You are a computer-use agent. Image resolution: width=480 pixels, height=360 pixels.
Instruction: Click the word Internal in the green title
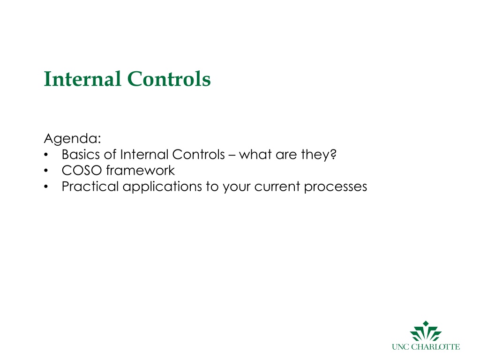pyautogui.click(x=82, y=79)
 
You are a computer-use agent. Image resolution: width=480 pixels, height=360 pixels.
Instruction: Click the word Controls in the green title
pyautogui.click(x=169, y=79)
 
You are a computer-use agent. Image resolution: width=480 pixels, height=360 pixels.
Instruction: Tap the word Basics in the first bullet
pyautogui.click(x=81, y=154)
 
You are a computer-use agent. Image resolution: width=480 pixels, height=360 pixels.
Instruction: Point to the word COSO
pyautogui.click(x=82, y=171)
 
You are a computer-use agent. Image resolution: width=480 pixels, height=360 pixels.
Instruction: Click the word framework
pyautogui.click(x=141, y=170)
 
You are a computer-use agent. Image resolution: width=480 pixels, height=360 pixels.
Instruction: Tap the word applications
pyautogui.click(x=162, y=187)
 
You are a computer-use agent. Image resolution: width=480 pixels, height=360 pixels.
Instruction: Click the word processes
pyautogui.click(x=336, y=187)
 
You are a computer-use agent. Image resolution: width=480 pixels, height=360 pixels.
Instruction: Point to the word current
pyautogui.click(x=277, y=187)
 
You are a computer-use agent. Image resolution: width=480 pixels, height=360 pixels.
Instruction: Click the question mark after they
pyautogui.click(x=333, y=154)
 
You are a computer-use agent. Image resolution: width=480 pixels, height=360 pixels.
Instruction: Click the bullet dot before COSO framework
pyautogui.click(x=46, y=171)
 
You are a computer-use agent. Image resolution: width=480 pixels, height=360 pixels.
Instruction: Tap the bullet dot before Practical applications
pyautogui.click(x=46, y=187)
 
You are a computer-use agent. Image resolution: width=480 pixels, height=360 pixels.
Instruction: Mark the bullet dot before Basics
pyautogui.click(x=46, y=155)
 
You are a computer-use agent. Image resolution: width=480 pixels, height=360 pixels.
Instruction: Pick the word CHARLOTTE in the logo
pyautogui.click(x=435, y=347)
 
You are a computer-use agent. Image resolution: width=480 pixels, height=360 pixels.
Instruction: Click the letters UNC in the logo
pyautogui.click(x=400, y=347)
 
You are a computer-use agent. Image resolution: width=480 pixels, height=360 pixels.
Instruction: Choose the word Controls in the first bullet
pyautogui.click(x=198, y=154)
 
